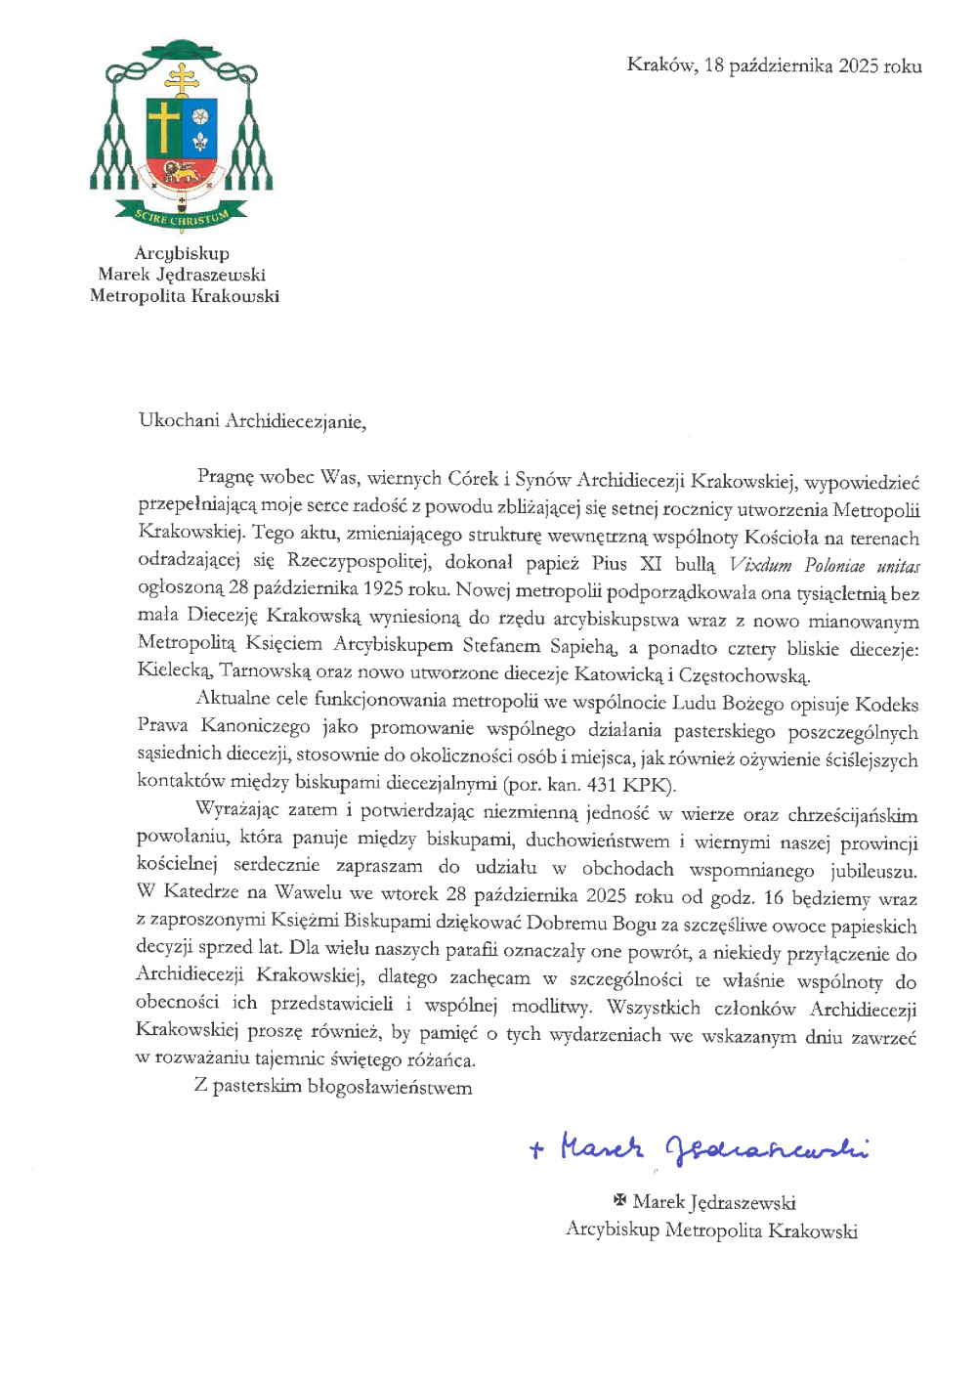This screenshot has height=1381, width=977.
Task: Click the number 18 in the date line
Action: point(713,65)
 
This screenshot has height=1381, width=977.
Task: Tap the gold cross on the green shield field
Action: point(163,127)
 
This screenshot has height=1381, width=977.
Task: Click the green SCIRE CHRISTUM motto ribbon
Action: point(182,216)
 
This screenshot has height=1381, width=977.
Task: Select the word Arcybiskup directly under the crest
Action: point(182,253)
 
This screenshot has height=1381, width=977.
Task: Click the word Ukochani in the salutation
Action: point(179,421)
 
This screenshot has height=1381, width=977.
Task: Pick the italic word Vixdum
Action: point(761,566)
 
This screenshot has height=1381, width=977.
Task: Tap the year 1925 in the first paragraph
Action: point(386,589)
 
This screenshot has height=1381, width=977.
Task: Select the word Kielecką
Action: point(174,671)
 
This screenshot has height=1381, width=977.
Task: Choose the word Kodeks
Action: point(886,704)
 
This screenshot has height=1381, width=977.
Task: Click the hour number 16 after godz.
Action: point(773,897)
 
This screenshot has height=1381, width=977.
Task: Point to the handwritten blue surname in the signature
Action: point(767,1148)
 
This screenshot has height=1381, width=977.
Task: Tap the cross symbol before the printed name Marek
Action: point(618,1200)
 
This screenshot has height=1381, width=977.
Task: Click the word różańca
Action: point(440,1059)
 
